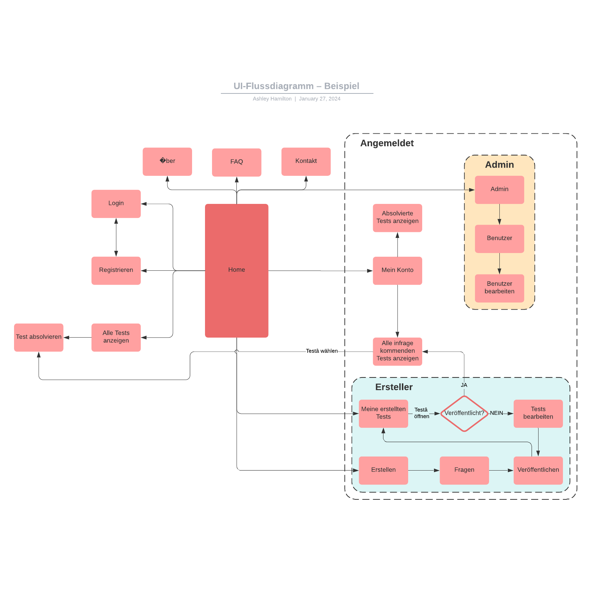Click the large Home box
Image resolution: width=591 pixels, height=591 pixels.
(x=236, y=270)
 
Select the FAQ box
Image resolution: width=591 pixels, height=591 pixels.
(x=236, y=162)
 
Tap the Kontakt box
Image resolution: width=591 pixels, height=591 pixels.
(x=306, y=161)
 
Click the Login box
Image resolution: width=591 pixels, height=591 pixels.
(x=116, y=204)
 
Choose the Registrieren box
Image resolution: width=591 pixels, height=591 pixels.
(x=116, y=270)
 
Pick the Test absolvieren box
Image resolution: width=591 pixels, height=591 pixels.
(x=39, y=337)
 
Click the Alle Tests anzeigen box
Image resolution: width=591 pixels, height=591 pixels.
(x=116, y=337)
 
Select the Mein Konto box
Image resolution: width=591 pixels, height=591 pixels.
(x=397, y=270)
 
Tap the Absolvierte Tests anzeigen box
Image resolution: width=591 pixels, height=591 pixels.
(x=397, y=218)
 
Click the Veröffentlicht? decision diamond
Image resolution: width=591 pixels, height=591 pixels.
(x=464, y=413)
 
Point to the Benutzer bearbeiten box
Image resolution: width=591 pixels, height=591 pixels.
(x=499, y=288)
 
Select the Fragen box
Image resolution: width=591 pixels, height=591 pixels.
(x=464, y=470)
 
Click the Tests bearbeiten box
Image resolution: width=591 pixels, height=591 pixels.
(x=538, y=413)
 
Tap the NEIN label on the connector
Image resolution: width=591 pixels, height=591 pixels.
(x=496, y=413)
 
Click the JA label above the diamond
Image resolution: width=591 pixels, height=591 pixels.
(x=464, y=385)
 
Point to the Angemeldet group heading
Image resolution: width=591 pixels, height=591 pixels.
(x=387, y=143)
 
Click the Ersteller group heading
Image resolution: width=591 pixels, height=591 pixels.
(x=394, y=387)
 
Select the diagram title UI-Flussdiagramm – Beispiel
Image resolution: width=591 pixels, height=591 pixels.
(x=296, y=86)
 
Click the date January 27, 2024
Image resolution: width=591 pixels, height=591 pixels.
(x=320, y=99)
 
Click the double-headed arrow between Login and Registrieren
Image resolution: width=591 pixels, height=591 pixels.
(x=116, y=237)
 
